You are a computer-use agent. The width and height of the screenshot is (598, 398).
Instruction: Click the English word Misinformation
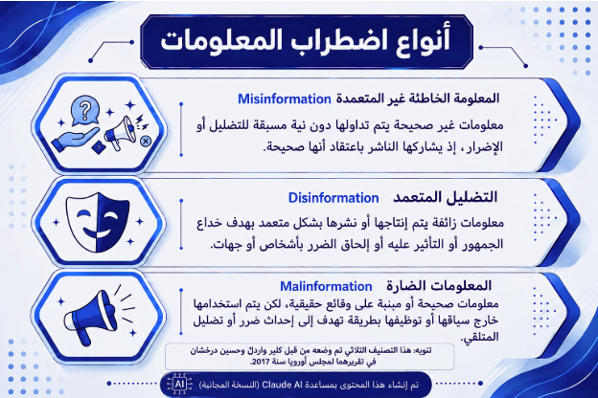[285, 99]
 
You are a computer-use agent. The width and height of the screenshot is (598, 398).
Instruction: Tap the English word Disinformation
[333, 198]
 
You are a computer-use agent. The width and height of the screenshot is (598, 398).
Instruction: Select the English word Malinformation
[326, 286]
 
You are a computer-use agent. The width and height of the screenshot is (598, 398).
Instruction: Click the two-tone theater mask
[98, 222]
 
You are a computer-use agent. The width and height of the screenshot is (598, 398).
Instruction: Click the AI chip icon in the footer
[179, 384]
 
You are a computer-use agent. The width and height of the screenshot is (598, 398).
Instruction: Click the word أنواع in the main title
[422, 39]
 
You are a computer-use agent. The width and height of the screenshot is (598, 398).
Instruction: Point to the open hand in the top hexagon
[75, 140]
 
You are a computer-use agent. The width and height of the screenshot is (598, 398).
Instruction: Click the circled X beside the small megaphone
[146, 142]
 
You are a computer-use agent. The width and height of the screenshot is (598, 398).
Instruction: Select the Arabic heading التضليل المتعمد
[446, 198]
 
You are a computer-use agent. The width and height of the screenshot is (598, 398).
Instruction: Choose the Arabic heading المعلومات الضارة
[439, 286]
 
